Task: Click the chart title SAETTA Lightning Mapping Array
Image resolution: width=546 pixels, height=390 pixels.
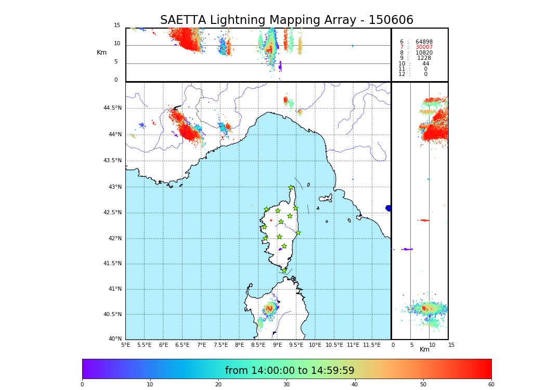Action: click(x=287, y=20)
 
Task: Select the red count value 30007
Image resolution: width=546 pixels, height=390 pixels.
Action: click(x=424, y=47)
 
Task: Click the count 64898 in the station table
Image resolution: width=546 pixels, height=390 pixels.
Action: click(x=424, y=42)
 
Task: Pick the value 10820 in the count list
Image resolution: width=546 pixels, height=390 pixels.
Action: click(x=424, y=53)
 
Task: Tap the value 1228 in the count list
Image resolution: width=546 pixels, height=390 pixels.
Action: click(x=424, y=58)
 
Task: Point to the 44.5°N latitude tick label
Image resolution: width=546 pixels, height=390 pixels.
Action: click(x=112, y=108)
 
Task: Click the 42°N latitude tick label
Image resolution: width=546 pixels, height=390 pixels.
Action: click(x=114, y=238)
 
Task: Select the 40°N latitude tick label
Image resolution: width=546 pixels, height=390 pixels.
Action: click(x=114, y=339)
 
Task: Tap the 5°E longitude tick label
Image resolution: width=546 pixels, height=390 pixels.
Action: click(x=125, y=345)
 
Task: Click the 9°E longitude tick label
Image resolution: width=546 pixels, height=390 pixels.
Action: click(x=277, y=345)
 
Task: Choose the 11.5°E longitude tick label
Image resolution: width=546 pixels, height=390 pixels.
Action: click(x=372, y=345)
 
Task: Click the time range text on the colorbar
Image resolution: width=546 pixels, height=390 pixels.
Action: click(x=290, y=371)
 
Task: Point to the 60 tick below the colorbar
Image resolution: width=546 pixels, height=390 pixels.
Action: click(x=491, y=385)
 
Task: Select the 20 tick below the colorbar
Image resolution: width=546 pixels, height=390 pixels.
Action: click(x=218, y=385)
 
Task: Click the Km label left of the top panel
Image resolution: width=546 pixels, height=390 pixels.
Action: click(x=101, y=53)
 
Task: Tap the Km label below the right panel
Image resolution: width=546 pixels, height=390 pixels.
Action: click(x=424, y=349)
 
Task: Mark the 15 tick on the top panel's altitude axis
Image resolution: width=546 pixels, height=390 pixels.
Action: click(x=117, y=25)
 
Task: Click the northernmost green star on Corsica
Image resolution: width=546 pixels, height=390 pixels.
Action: click(x=291, y=188)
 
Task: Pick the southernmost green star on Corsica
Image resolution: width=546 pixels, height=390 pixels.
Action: click(x=284, y=270)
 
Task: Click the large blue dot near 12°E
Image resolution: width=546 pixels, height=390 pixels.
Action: click(x=388, y=208)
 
